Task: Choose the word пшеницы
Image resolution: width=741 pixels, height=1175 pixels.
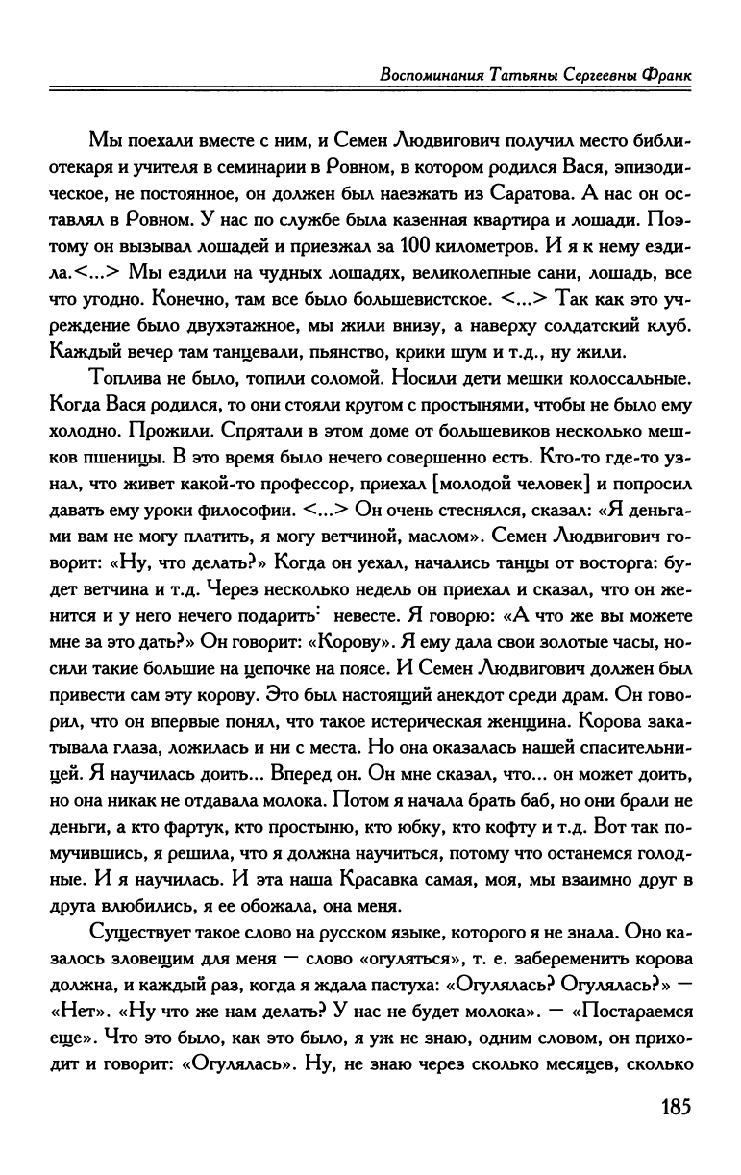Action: point(116,452)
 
